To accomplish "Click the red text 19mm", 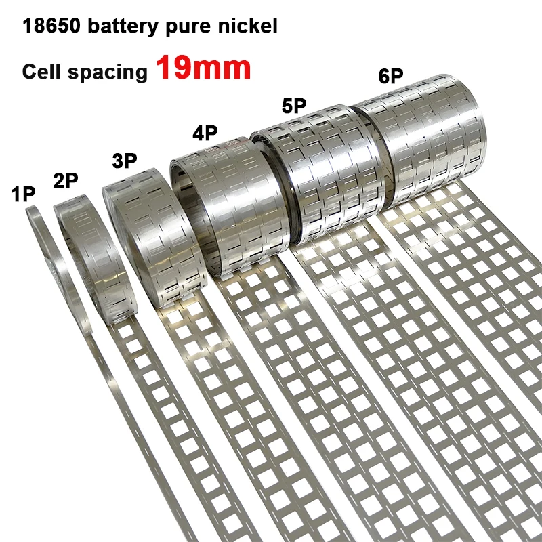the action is [203, 68].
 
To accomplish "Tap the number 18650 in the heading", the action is [51, 26].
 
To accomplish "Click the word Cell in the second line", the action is [42, 71].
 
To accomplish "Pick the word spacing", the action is [108, 73].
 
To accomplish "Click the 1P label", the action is [23, 194].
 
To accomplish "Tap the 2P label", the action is [66, 180].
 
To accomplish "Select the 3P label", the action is [125, 161].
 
